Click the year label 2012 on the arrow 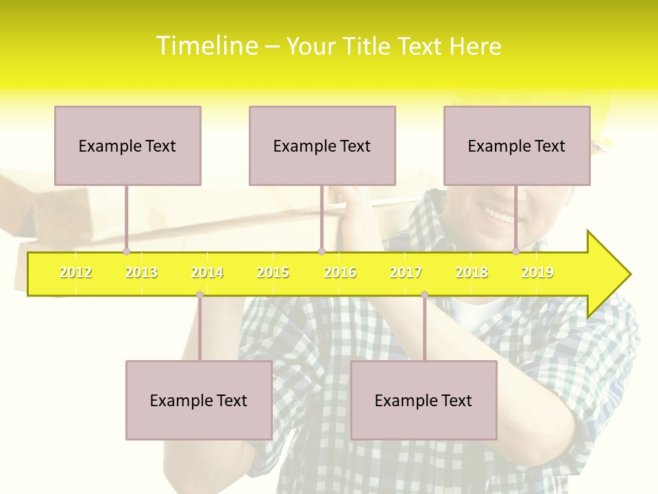75,272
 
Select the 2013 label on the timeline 141,272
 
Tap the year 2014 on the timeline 207,272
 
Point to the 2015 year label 273,272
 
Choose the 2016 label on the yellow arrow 340,272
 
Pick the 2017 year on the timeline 406,272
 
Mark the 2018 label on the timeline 472,272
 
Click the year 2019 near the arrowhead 537,272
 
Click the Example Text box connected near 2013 127,145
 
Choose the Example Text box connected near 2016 322,145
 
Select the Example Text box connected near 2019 517,145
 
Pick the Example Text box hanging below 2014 199,400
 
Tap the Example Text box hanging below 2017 424,400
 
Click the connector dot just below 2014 199,294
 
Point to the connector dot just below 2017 424,294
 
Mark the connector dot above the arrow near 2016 321,251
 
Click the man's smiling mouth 498,217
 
